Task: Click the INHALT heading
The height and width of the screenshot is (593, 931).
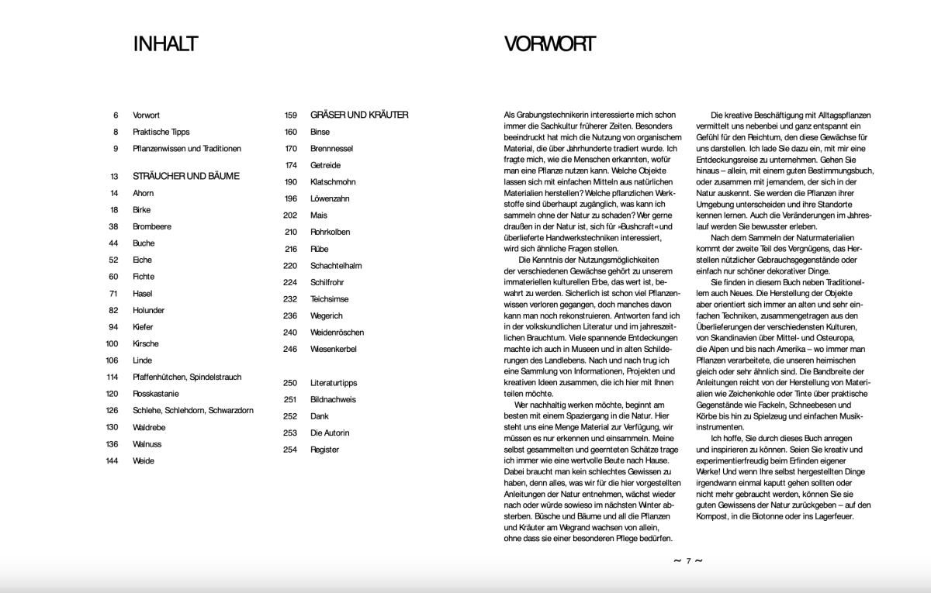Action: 165,44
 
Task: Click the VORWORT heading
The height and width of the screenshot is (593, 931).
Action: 549,44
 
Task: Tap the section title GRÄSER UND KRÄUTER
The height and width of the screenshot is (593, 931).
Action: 359,115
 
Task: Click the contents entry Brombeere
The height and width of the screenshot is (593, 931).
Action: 152,226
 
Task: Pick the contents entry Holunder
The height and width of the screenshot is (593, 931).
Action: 150,310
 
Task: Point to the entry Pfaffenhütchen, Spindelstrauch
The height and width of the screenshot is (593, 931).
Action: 187,377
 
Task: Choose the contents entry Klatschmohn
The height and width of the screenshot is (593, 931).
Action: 333,181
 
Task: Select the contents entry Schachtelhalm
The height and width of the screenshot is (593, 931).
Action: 336,265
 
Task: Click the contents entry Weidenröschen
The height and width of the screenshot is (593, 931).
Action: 337,332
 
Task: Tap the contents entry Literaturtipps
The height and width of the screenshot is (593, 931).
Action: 333,382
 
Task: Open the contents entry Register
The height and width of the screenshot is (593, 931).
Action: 324,450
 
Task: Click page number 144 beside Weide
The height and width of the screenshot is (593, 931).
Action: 112,460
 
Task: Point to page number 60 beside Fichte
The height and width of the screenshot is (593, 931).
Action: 113,276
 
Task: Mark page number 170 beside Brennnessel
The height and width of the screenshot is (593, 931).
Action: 291,148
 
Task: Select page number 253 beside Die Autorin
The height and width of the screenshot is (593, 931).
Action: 291,433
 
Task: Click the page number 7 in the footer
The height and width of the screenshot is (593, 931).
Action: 687,561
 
